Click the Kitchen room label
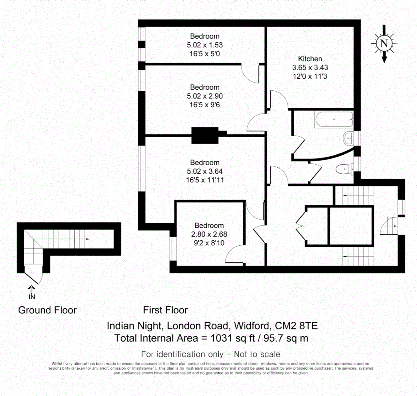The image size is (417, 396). click(x=310, y=59)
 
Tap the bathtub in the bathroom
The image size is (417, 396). click(x=334, y=120)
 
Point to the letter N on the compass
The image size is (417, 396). click(x=384, y=43)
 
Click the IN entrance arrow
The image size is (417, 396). click(x=31, y=290)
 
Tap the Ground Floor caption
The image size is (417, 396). click(x=47, y=310)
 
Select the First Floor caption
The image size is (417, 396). click(x=165, y=310)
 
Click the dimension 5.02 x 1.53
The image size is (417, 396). click(x=205, y=45)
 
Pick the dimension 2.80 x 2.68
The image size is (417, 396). click(x=209, y=234)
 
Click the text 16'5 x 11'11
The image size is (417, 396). click(x=205, y=180)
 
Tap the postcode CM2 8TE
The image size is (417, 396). click(x=296, y=326)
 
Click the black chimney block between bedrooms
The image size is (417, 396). click(x=205, y=135)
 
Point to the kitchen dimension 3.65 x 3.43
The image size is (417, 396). click(x=310, y=67)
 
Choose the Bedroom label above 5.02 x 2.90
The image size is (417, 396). click(x=205, y=87)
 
